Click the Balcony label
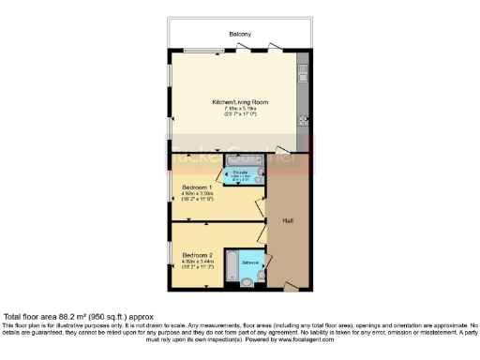240,35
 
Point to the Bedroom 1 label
198,187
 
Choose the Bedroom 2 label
198,255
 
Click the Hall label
288,222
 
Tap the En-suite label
240,172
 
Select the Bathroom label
250,262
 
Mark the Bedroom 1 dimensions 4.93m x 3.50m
198,194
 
